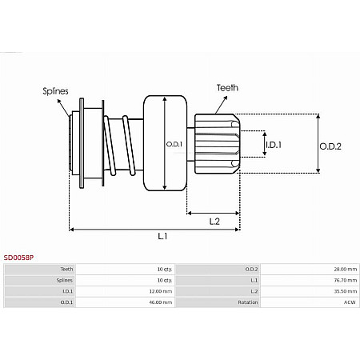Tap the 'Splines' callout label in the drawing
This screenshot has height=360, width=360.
[56, 92]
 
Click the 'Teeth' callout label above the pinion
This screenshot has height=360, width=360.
[227, 87]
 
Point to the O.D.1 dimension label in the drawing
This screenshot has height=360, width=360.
[174, 144]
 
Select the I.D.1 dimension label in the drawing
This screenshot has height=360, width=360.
[274, 144]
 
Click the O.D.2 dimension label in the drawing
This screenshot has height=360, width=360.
[330, 146]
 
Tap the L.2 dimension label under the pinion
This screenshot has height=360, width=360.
[214, 221]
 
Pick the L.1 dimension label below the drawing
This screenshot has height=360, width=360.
[162, 237]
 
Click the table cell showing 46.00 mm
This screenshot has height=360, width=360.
[162, 302]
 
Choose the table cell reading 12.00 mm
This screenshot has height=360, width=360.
[162, 291]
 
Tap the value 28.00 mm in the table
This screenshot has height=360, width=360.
[344, 270]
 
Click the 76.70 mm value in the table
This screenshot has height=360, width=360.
[344, 281]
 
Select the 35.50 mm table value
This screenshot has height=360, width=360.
[344, 291]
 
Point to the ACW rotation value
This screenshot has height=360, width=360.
[350, 302]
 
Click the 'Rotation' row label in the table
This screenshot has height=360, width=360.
[247, 302]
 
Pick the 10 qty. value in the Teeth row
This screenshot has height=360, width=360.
[164, 270]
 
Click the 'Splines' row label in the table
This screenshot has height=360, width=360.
[66, 281]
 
